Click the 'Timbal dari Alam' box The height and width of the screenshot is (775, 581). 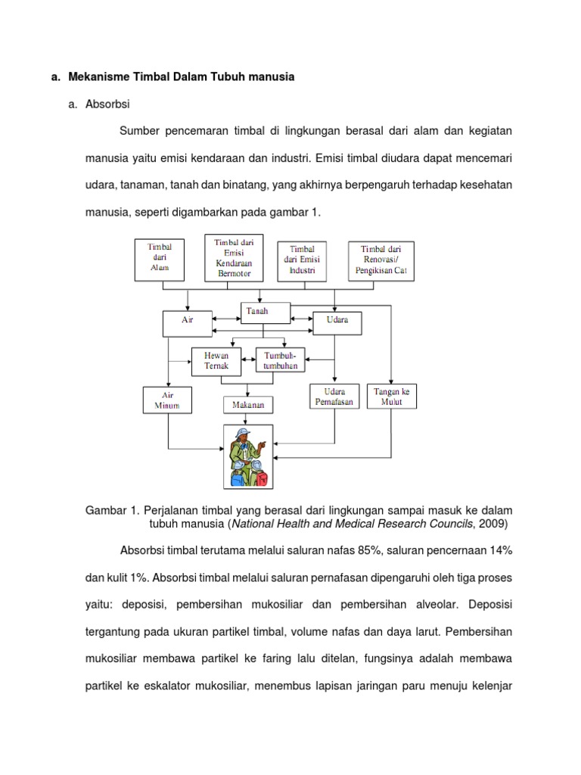[x=160, y=257]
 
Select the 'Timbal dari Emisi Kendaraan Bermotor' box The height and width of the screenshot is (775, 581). [x=234, y=257]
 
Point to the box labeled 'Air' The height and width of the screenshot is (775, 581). [x=188, y=324]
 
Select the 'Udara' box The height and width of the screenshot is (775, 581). [x=337, y=323]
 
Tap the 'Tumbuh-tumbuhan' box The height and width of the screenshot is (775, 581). [x=280, y=360]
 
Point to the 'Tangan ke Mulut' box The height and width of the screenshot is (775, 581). [x=392, y=397]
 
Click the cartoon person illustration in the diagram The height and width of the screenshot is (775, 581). [x=250, y=456]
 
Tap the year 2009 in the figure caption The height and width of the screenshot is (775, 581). [x=494, y=523]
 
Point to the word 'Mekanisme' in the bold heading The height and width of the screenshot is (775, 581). [x=98, y=76]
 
